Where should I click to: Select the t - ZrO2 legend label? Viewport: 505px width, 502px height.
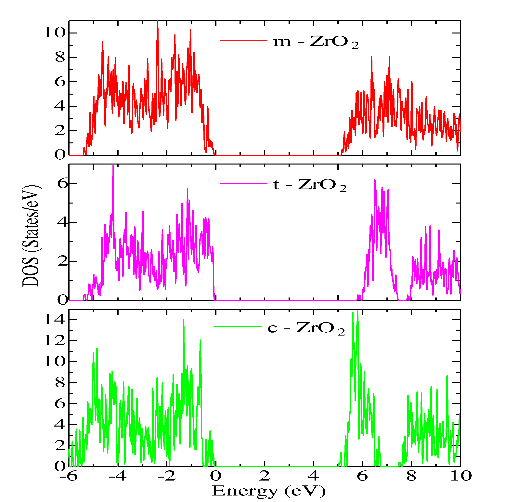click(x=310, y=185)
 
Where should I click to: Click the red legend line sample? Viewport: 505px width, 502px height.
click(x=243, y=40)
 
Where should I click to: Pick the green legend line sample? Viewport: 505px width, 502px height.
click(x=238, y=327)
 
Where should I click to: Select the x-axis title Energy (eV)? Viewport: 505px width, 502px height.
click(x=269, y=491)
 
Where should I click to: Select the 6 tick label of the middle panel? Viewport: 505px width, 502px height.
click(x=63, y=184)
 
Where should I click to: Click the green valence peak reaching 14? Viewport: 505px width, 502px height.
click(x=184, y=321)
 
